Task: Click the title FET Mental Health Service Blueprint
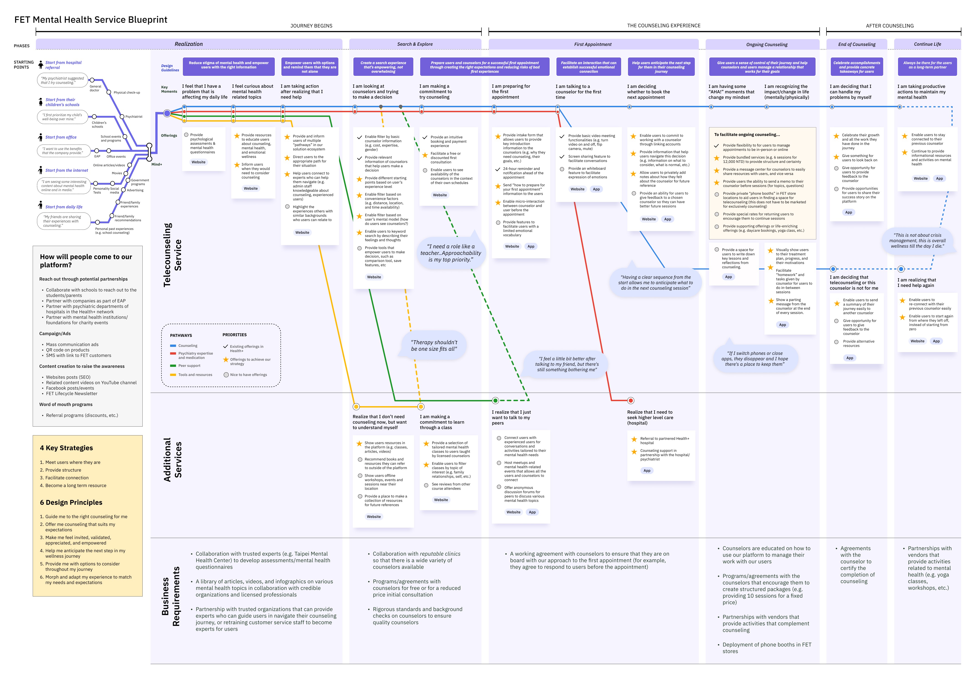tap(91, 20)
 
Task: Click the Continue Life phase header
tap(927, 44)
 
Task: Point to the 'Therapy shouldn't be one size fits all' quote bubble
tap(434, 346)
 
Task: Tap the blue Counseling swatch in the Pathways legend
tap(173, 346)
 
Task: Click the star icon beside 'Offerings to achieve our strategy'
tap(226, 360)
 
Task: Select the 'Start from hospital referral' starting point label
tap(64, 65)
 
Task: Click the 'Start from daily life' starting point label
tap(64, 207)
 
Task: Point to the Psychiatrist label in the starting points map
tap(134, 117)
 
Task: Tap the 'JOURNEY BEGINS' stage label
tap(311, 26)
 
